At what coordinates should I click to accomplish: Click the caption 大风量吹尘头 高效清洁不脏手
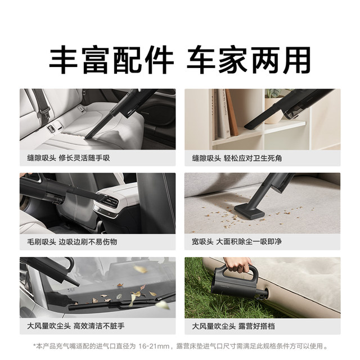[x=76, y=326]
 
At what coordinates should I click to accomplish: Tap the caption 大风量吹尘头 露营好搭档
[x=232, y=326]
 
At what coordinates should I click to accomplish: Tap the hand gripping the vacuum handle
[x=238, y=264]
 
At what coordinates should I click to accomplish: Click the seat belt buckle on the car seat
[x=52, y=129]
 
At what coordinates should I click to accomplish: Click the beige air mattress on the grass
[x=304, y=287]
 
